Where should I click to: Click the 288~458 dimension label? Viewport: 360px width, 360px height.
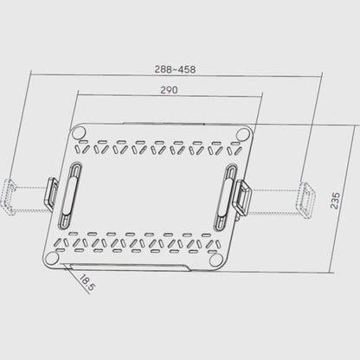click(x=175, y=69)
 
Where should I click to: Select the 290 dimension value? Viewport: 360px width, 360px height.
click(x=169, y=90)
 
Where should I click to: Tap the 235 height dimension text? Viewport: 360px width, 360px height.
click(x=335, y=201)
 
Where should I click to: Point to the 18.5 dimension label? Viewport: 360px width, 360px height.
click(x=87, y=283)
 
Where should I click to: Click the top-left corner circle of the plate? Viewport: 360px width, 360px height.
click(x=79, y=133)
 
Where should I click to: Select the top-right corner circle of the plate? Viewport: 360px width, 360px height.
click(x=242, y=134)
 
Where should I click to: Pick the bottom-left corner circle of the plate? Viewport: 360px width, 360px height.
click(x=52, y=258)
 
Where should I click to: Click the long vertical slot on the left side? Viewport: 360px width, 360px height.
click(x=70, y=196)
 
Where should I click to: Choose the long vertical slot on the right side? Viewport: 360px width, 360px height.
click(x=226, y=198)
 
